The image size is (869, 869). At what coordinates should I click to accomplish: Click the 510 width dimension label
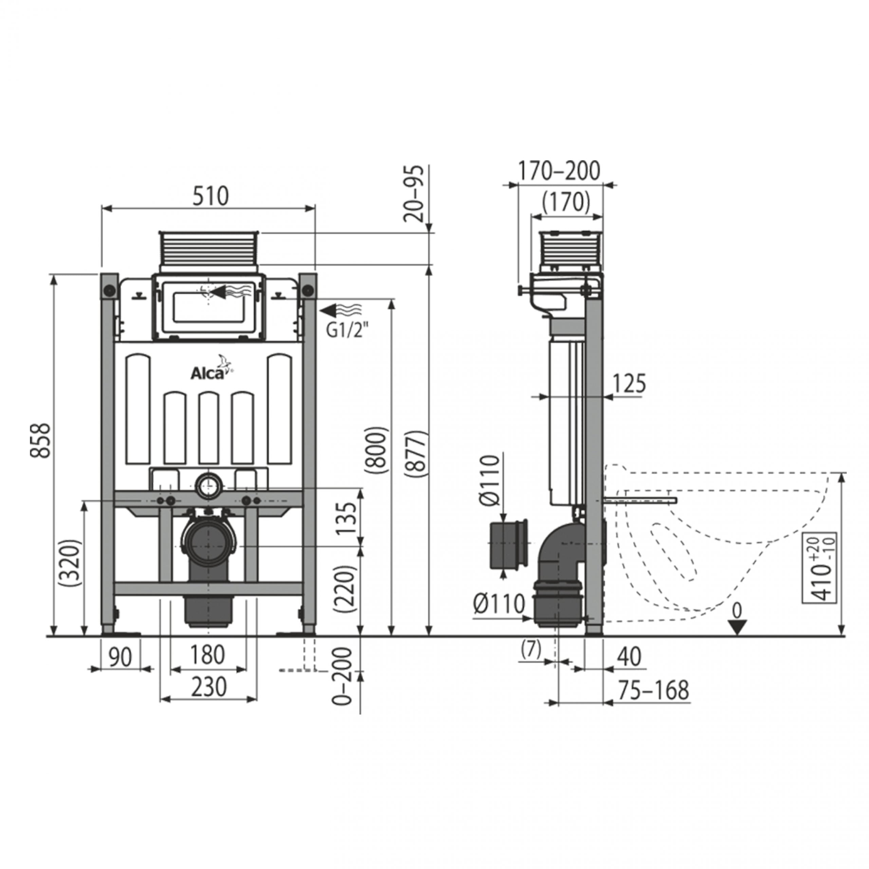tap(210, 196)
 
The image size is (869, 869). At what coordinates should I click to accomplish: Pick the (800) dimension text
tap(376, 450)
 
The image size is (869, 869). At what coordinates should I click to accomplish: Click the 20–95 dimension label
tap(413, 194)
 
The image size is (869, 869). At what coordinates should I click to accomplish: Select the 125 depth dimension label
tap(629, 383)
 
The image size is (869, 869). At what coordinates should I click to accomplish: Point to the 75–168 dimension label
tap(653, 690)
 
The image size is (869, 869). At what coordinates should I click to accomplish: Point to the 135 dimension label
tap(346, 518)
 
